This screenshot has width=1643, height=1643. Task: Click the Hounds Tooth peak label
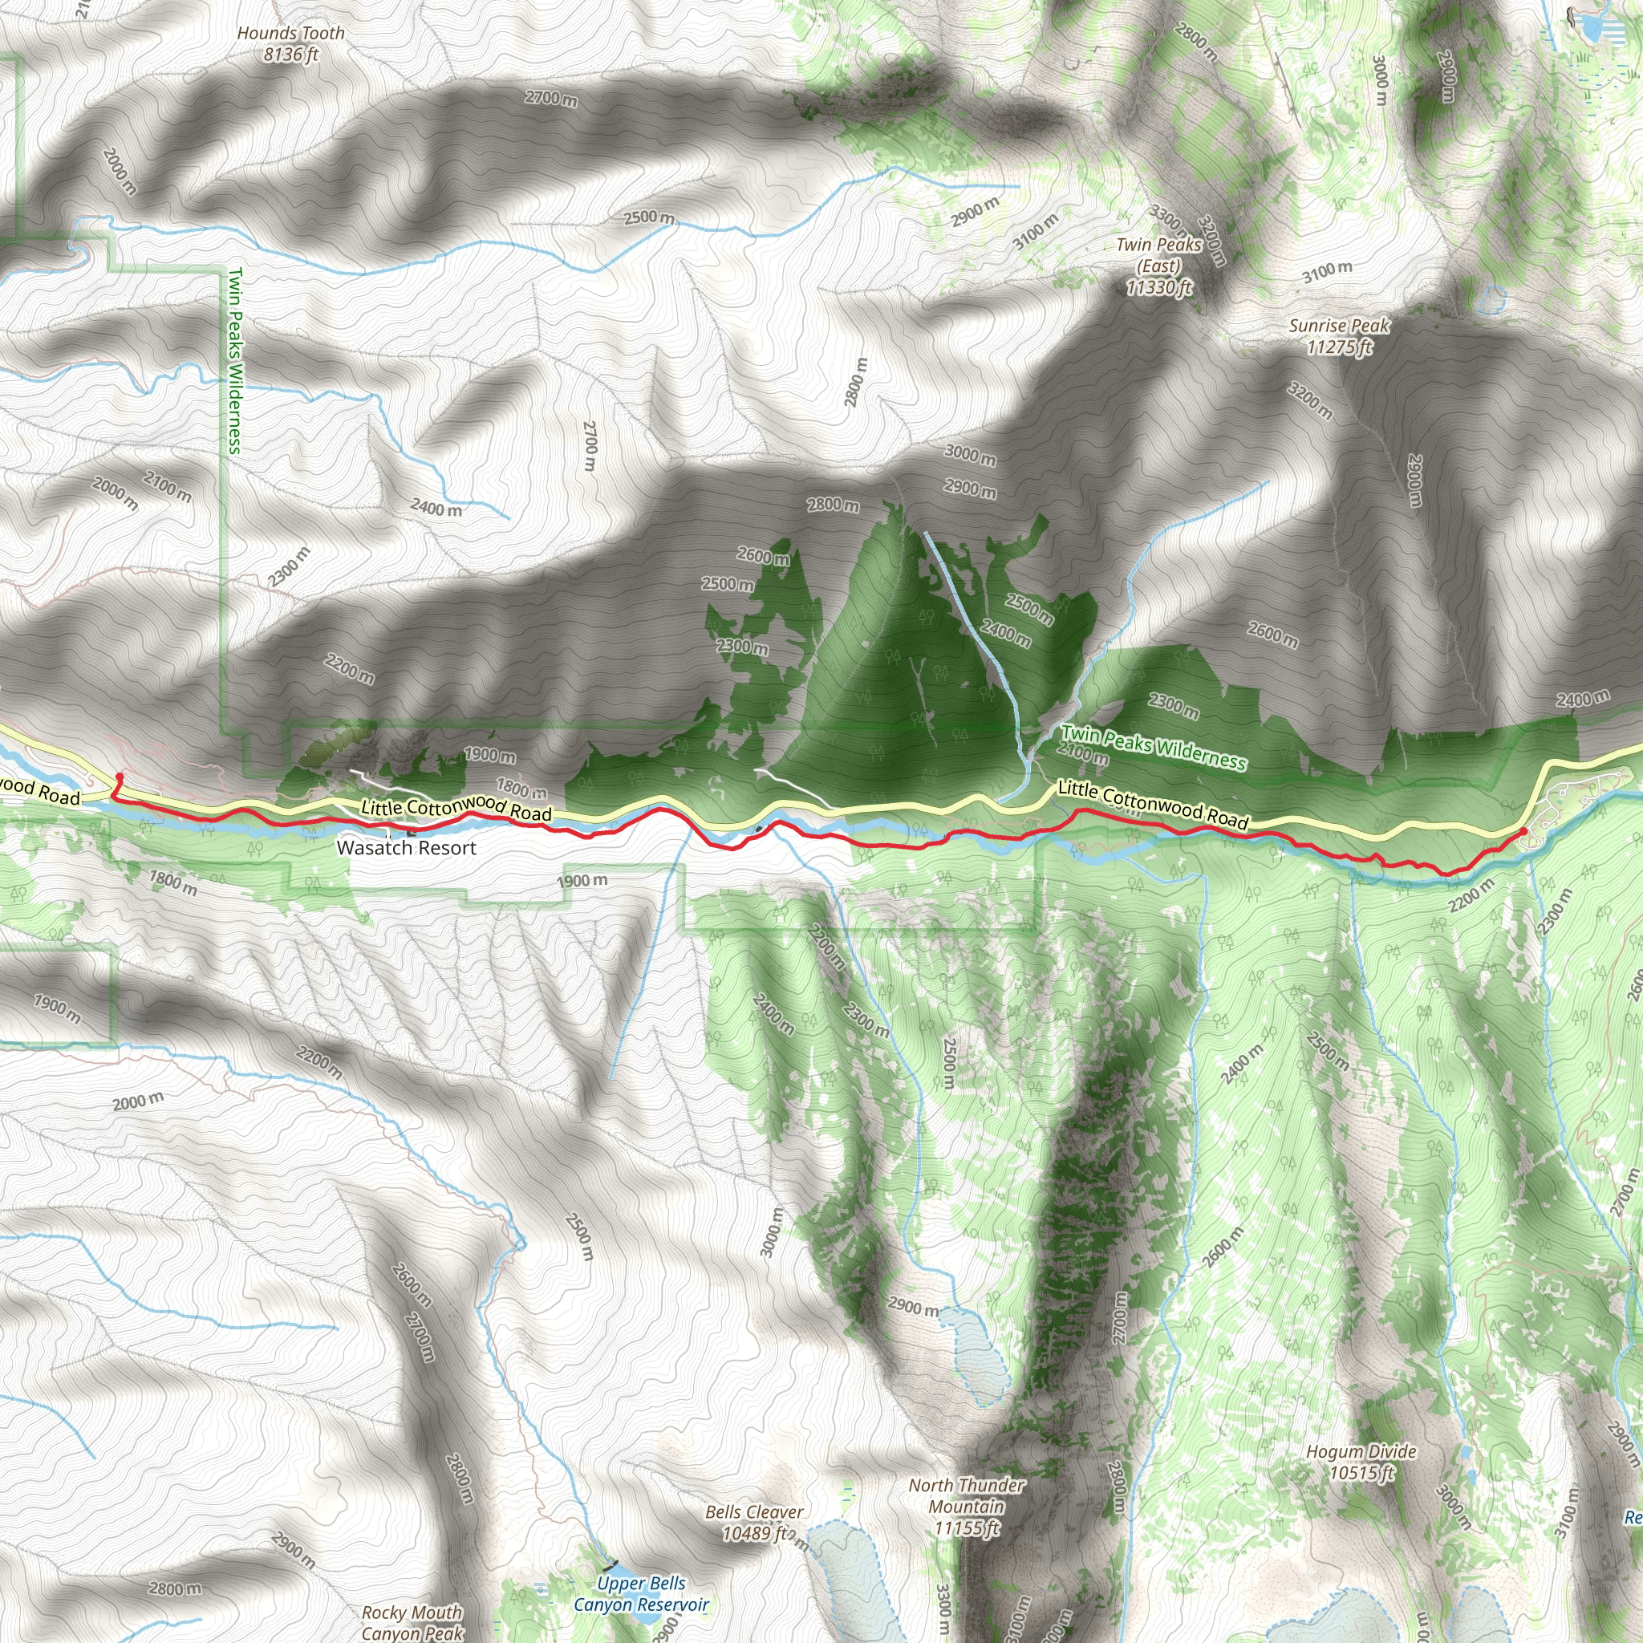coord(291,43)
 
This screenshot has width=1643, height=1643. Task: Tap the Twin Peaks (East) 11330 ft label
coord(1159,266)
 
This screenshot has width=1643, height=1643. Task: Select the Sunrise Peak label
coord(1340,336)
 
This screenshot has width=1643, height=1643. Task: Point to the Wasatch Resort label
coord(407,847)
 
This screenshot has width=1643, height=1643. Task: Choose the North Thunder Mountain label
coord(967,1506)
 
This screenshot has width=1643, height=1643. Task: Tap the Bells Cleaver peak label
coord(754,1522)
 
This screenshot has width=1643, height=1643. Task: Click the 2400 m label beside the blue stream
coord(436,508)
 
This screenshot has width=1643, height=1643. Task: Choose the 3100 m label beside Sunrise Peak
coord(1327,272)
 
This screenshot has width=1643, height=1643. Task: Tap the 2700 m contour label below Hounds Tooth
coord(551,99)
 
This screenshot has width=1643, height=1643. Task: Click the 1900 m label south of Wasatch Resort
coord(582,880)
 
